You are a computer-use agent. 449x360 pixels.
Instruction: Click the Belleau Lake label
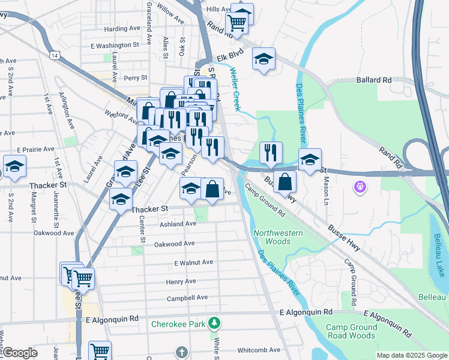click(x=441, y=250)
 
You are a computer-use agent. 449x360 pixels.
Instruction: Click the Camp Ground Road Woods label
click(x=351, y=331)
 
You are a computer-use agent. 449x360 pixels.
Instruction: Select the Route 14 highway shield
click(x=55, y=55)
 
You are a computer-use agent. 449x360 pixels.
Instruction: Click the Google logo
click(x=20, y=352)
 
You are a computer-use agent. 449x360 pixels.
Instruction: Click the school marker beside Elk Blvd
click(x=263, y=60)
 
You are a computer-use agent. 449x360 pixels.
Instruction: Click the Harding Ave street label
click(x=122, y=29)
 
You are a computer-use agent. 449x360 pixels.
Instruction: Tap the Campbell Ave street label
click(x=187, y=298)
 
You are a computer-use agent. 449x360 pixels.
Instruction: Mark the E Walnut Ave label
click(x=193, y=262)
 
